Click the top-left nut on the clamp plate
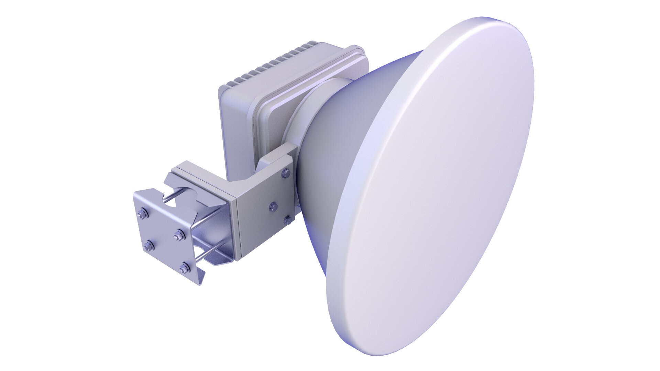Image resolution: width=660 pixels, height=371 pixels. click(x=142, y=215)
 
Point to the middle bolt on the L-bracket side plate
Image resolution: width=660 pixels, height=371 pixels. click(x=272, y=206)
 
